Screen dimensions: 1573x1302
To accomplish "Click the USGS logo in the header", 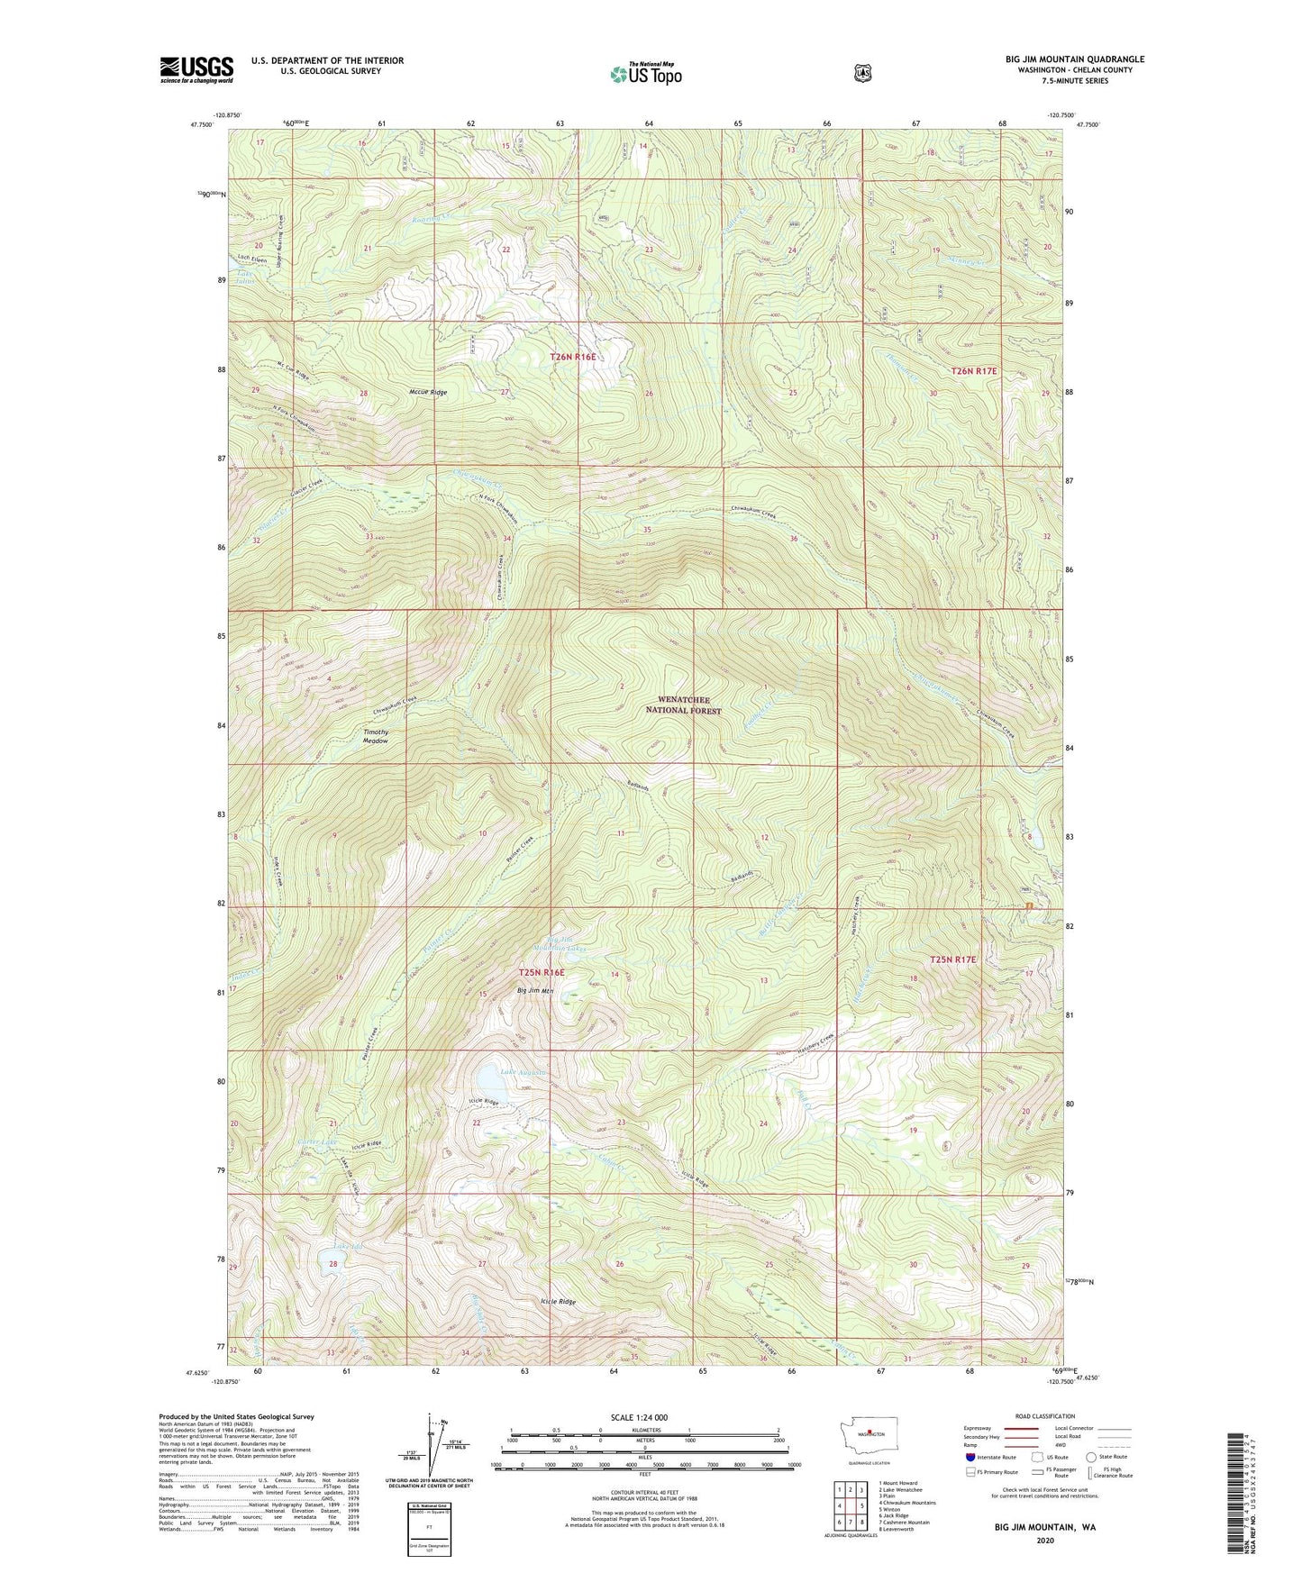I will point(196,68).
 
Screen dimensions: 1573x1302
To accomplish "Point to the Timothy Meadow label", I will point(376,736).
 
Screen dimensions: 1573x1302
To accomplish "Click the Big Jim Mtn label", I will point(534,991).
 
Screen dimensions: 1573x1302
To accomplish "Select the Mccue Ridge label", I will point(427,393).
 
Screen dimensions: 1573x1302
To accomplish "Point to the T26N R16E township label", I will point(573,358).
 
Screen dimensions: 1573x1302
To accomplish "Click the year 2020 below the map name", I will point(1045,1541).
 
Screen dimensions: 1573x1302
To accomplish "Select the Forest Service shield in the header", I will point(862,73).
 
